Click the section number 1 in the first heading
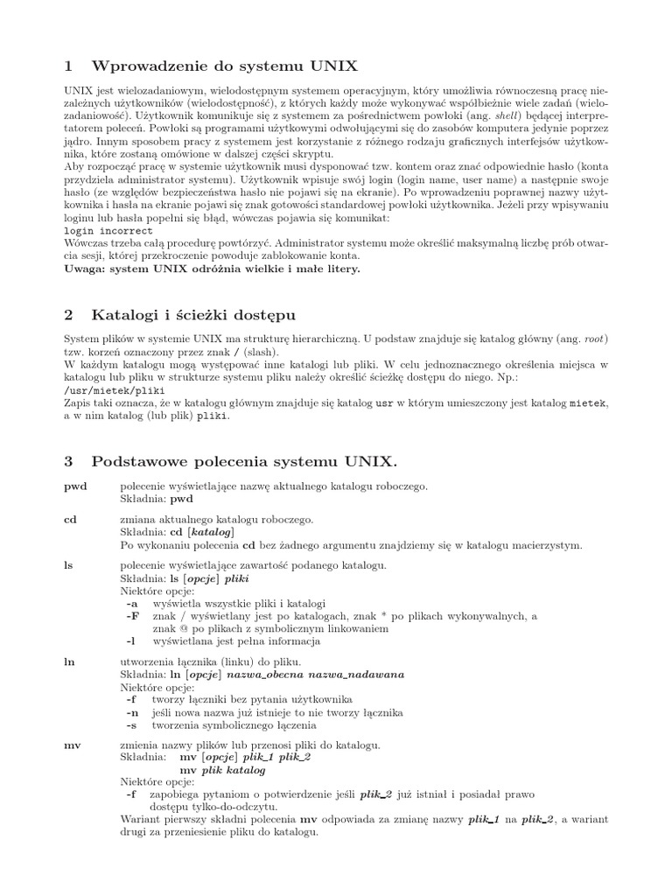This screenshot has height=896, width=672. point(69,66)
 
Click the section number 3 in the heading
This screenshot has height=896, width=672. point(69,460)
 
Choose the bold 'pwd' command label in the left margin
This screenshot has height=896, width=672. point(76,485)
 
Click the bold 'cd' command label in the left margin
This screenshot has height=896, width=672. point(71,519)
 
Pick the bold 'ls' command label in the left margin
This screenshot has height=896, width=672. point(69,566)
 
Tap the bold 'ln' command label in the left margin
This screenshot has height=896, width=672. point(70,662)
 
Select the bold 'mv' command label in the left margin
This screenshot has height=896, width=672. point(73,745)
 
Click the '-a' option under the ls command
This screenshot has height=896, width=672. point(132,604)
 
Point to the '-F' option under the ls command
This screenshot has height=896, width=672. point(132,616)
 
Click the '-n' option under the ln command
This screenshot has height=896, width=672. point(132,712)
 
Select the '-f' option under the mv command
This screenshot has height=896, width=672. point(132,794)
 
